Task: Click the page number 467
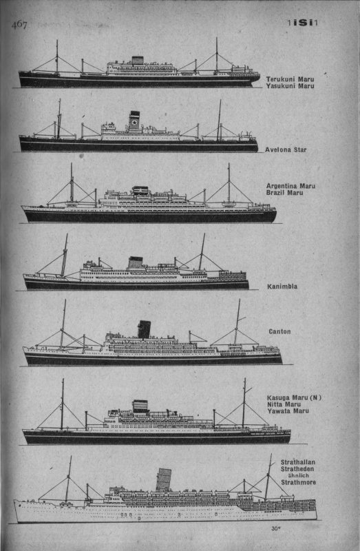click(19, 25)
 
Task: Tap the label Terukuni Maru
click(290, 79)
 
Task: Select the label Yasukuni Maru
click(290, 86)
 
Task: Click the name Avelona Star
click(286, 149)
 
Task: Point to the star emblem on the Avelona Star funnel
click(134, 123)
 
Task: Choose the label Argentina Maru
click(290, 186)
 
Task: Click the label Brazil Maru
click(284, 193)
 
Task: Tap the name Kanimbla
click(282, 287)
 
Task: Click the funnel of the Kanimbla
click(135, 262)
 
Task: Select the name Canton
click(279, 331)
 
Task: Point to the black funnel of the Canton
click(144, 329)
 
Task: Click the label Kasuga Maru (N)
click(295, 398)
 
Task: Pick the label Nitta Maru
click(284, 404)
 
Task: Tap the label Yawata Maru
click(288, 410)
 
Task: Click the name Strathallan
click(298, 462)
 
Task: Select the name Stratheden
click(297, 469)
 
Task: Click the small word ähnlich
click(298, 475)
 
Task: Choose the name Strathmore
click(298, 483)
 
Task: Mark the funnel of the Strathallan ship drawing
click(164, 480)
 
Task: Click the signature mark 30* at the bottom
click(276, 528)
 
